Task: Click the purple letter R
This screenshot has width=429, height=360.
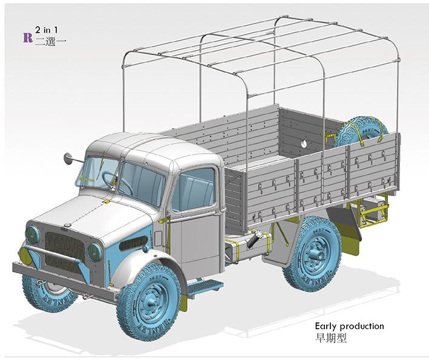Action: (28, 38)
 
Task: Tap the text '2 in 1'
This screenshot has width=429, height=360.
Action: (47, 30)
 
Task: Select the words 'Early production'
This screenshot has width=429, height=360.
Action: (349, 326)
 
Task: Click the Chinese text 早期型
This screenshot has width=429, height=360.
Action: (331, 338)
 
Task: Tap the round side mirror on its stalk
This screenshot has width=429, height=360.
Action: (67, 158)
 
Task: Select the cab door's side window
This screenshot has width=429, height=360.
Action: (194, 189)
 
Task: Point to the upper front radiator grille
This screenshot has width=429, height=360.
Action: (65, 246)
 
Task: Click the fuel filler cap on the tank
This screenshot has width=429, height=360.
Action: (258, 234)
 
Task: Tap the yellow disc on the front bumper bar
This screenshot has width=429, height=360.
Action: (26, 254)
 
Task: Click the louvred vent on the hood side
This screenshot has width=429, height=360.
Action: (133, 243)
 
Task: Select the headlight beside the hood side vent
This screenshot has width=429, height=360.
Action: (94, 252)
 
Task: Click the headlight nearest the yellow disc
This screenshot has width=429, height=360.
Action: (32, 235)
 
